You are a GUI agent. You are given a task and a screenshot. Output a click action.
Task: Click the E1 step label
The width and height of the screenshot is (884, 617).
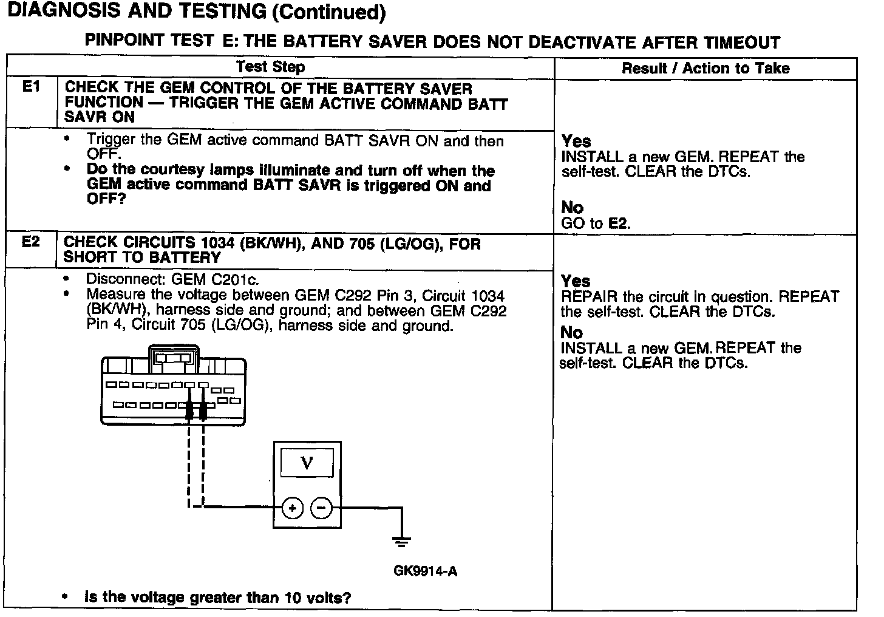pos(31,87)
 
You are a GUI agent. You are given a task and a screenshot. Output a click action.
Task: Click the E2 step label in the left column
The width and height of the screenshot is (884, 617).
pos(31,242)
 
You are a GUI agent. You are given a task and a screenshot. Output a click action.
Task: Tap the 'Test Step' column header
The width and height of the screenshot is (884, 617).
pos(270,67)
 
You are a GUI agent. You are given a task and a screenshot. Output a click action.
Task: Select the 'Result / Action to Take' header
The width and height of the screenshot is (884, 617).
pos(705,68)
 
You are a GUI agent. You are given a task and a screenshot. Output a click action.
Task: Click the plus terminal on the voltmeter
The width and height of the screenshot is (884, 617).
pos(292,508)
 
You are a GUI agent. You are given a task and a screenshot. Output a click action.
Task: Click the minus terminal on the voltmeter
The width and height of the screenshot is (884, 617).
pos(322,508)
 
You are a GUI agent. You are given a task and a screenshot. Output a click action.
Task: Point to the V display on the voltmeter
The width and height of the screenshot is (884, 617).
pos(307,464)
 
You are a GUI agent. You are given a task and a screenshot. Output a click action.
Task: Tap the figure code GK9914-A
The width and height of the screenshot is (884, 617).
pos(425,571)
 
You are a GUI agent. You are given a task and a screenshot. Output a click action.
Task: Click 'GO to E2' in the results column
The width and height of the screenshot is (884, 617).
pos(596,223)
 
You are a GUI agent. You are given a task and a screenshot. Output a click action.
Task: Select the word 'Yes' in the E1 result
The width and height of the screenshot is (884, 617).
pos(576,141)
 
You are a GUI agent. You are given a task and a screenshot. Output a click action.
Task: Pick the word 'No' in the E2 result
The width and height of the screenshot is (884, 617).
pos(571,333)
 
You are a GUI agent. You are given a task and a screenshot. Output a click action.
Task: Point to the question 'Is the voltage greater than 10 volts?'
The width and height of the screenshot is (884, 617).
pos(218,598)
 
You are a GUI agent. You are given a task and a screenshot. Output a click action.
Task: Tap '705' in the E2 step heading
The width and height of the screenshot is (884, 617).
pos(362,244)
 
